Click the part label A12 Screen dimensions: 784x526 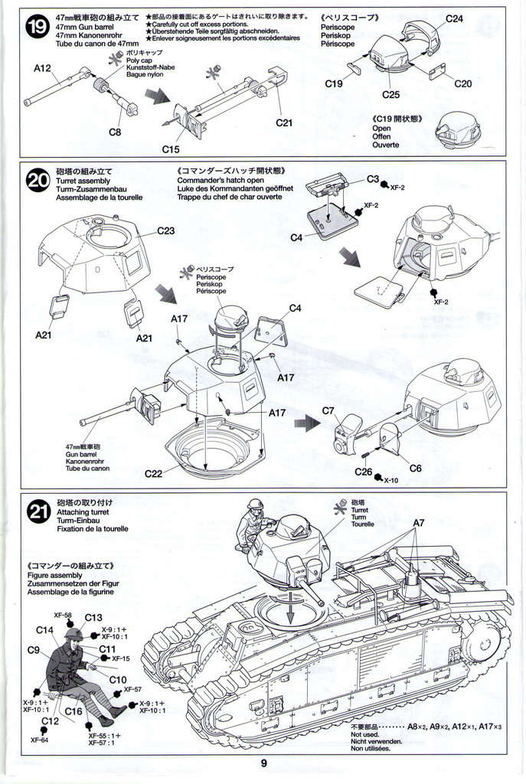pyautogui.click(x=42, y=68)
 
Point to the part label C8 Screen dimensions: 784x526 pyautogui.click(x=115, y=132)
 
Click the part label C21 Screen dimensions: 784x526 pyautogui.click(x=284, y=122)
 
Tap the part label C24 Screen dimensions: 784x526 pyautogui.click(x=454, y=18)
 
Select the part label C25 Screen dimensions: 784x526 pyautogui.click(x=390, y=95)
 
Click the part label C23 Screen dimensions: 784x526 pyautogui.click(x=166, y=230)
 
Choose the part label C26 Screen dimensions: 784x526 pyautogui.click(x=364, y=472)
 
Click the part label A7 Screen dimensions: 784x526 pyautogui.click(x=419, y=523)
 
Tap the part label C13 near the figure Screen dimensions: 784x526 pyautogui.click(x=93, y=618)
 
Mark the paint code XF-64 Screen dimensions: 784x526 pyautogui.click(x=40, y=740)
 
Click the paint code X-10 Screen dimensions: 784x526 pyautogui.click(x=391, y=480)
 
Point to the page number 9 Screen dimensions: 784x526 pyautogui.click(x=263, y=763)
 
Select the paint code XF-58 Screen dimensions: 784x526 pyautogui.click(x=63, y=615)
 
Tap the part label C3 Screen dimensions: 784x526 pyautogui.click(x=373, y=178)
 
